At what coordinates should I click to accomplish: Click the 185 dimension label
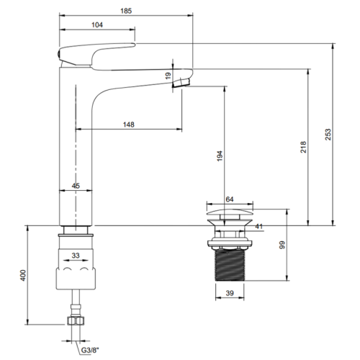click(x=126, y=11)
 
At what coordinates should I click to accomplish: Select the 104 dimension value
click(x=97, y=25)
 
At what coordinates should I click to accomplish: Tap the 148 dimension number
click(x=129, y=125)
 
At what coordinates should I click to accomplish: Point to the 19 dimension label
click(x=168, y=76)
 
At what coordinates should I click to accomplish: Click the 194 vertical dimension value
click(x=220, y=156)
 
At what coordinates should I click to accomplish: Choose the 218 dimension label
click(x=303, y=147)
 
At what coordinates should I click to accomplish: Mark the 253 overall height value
click(x=328, y=135)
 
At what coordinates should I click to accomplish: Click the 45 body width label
click(x=76, y=186)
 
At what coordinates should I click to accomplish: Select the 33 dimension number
click(x=76, y=256)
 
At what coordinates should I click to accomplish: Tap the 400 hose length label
click(x=23, y=275)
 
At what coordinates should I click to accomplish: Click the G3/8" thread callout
click(x=90, y=350)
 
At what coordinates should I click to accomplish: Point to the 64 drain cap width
click(x=230, y=199)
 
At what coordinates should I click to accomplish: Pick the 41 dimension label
click(x=258, y=226)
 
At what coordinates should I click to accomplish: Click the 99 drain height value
click(x=282, y=245)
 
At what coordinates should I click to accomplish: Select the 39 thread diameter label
click(x=230, y=293)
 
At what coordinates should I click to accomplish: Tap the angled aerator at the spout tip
click(x=181, y=82)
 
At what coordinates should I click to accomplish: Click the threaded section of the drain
click(x=230, y=265)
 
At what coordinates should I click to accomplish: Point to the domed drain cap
click(x=230, y=212)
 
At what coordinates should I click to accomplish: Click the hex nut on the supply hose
click(x=76, y=321)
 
